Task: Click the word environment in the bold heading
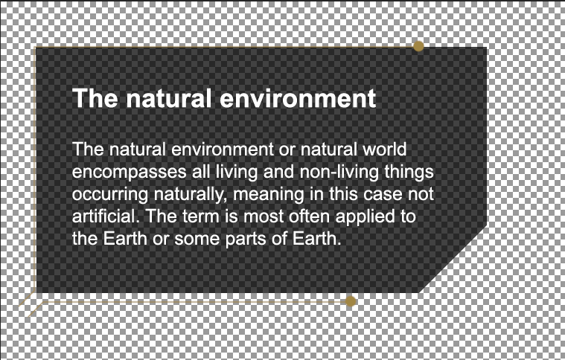[x=298, y=98]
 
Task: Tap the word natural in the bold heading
[x=168, y=98]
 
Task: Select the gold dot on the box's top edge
[x=418, y=46]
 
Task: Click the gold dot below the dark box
[x=351, y=301]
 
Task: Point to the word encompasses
[x=129, y=173]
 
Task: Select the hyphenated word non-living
[x=339, y=172]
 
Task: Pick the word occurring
[x=110, y=195]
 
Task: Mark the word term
[x=199, y=216]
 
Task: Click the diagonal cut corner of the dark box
[x=453, y=259]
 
